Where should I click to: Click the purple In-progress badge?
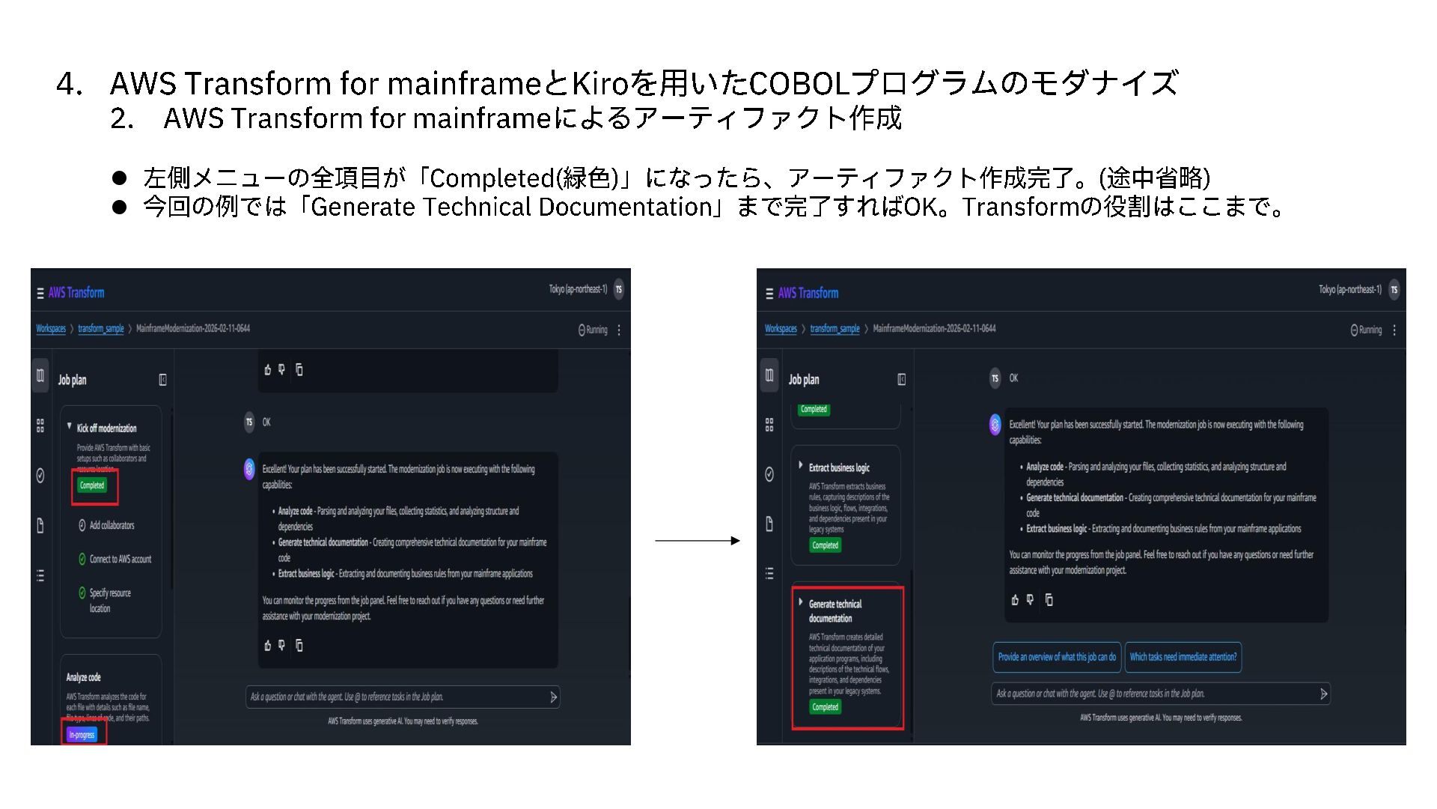coord(82,735)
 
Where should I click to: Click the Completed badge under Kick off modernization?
coord(92,485)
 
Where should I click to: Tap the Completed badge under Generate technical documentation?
coord(825,707)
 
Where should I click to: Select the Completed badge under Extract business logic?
coord(825,545)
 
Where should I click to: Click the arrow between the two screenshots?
coord(697,541)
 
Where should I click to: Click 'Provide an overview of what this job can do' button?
coord(1056,657)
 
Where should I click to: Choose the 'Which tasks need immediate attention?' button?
coord(1183,657)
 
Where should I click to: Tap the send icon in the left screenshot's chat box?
coord(553,697)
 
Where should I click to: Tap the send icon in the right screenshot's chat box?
coord(1323,694)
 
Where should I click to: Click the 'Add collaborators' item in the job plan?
coord(112,525)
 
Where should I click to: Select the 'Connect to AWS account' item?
coord(120,559)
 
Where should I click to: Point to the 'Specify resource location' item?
coord(109,600)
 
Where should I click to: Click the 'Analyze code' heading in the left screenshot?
coord(83,677)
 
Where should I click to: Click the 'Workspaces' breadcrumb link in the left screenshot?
coord(51,329)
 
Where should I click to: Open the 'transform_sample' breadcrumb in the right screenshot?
coord(835,329)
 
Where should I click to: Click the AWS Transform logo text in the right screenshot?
coord(808,293)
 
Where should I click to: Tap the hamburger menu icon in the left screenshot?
coord(40,294)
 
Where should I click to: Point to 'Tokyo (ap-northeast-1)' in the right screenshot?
coord(1349,290)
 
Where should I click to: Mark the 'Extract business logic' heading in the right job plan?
coord(839,467)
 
